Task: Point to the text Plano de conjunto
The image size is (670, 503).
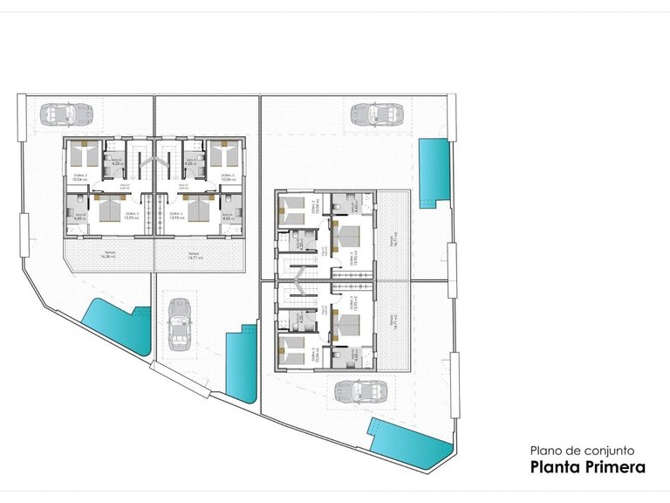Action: point(581,451)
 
